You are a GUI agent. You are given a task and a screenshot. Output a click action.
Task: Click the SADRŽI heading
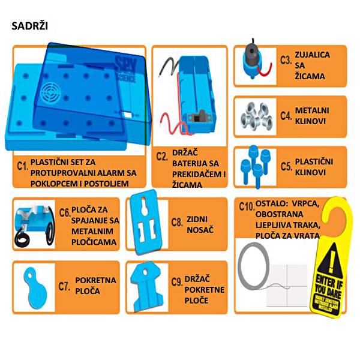[x=30, y=27]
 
